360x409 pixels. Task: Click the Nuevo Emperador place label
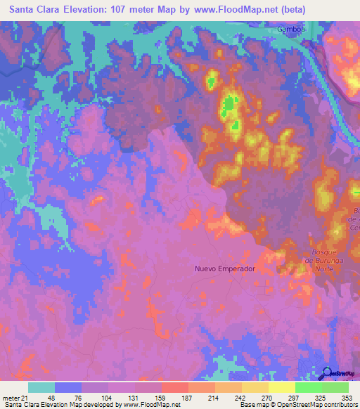(x=224, y=268)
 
